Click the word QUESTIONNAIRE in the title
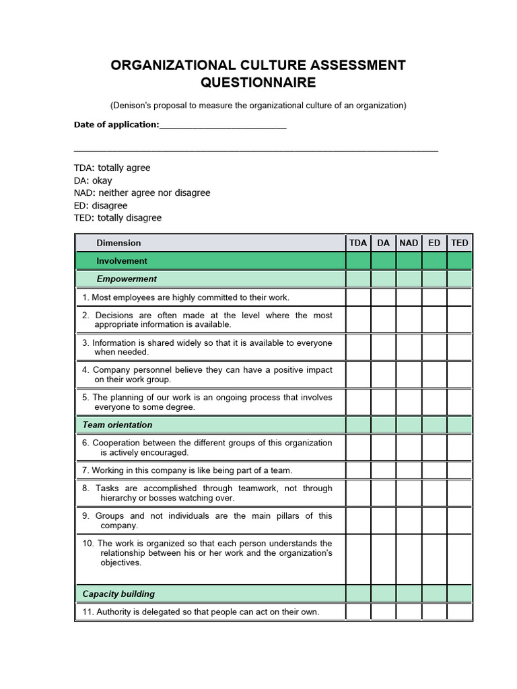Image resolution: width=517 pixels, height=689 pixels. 258,83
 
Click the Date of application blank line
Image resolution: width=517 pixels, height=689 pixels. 223,125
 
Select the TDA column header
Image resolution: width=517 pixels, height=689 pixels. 358,243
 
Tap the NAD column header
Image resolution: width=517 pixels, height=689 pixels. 409,243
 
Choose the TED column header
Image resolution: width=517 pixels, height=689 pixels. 460,243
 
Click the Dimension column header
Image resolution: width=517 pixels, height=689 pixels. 118,243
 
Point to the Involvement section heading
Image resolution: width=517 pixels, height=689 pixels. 121,261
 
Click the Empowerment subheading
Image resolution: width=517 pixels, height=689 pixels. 126,279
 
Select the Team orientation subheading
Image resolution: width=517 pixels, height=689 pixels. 117,425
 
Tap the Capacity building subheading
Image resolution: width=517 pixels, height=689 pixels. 118,594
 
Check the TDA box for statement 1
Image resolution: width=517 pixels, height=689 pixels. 358,297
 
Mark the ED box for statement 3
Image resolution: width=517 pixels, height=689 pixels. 434,347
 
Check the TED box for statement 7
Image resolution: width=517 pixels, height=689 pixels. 460,470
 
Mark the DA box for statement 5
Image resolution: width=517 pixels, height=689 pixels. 383,402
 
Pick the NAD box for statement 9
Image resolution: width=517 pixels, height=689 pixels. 409,521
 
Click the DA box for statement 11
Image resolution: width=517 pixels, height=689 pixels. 383,612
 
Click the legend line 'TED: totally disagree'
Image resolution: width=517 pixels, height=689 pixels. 118,218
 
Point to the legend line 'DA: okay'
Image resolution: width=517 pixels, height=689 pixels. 93,180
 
